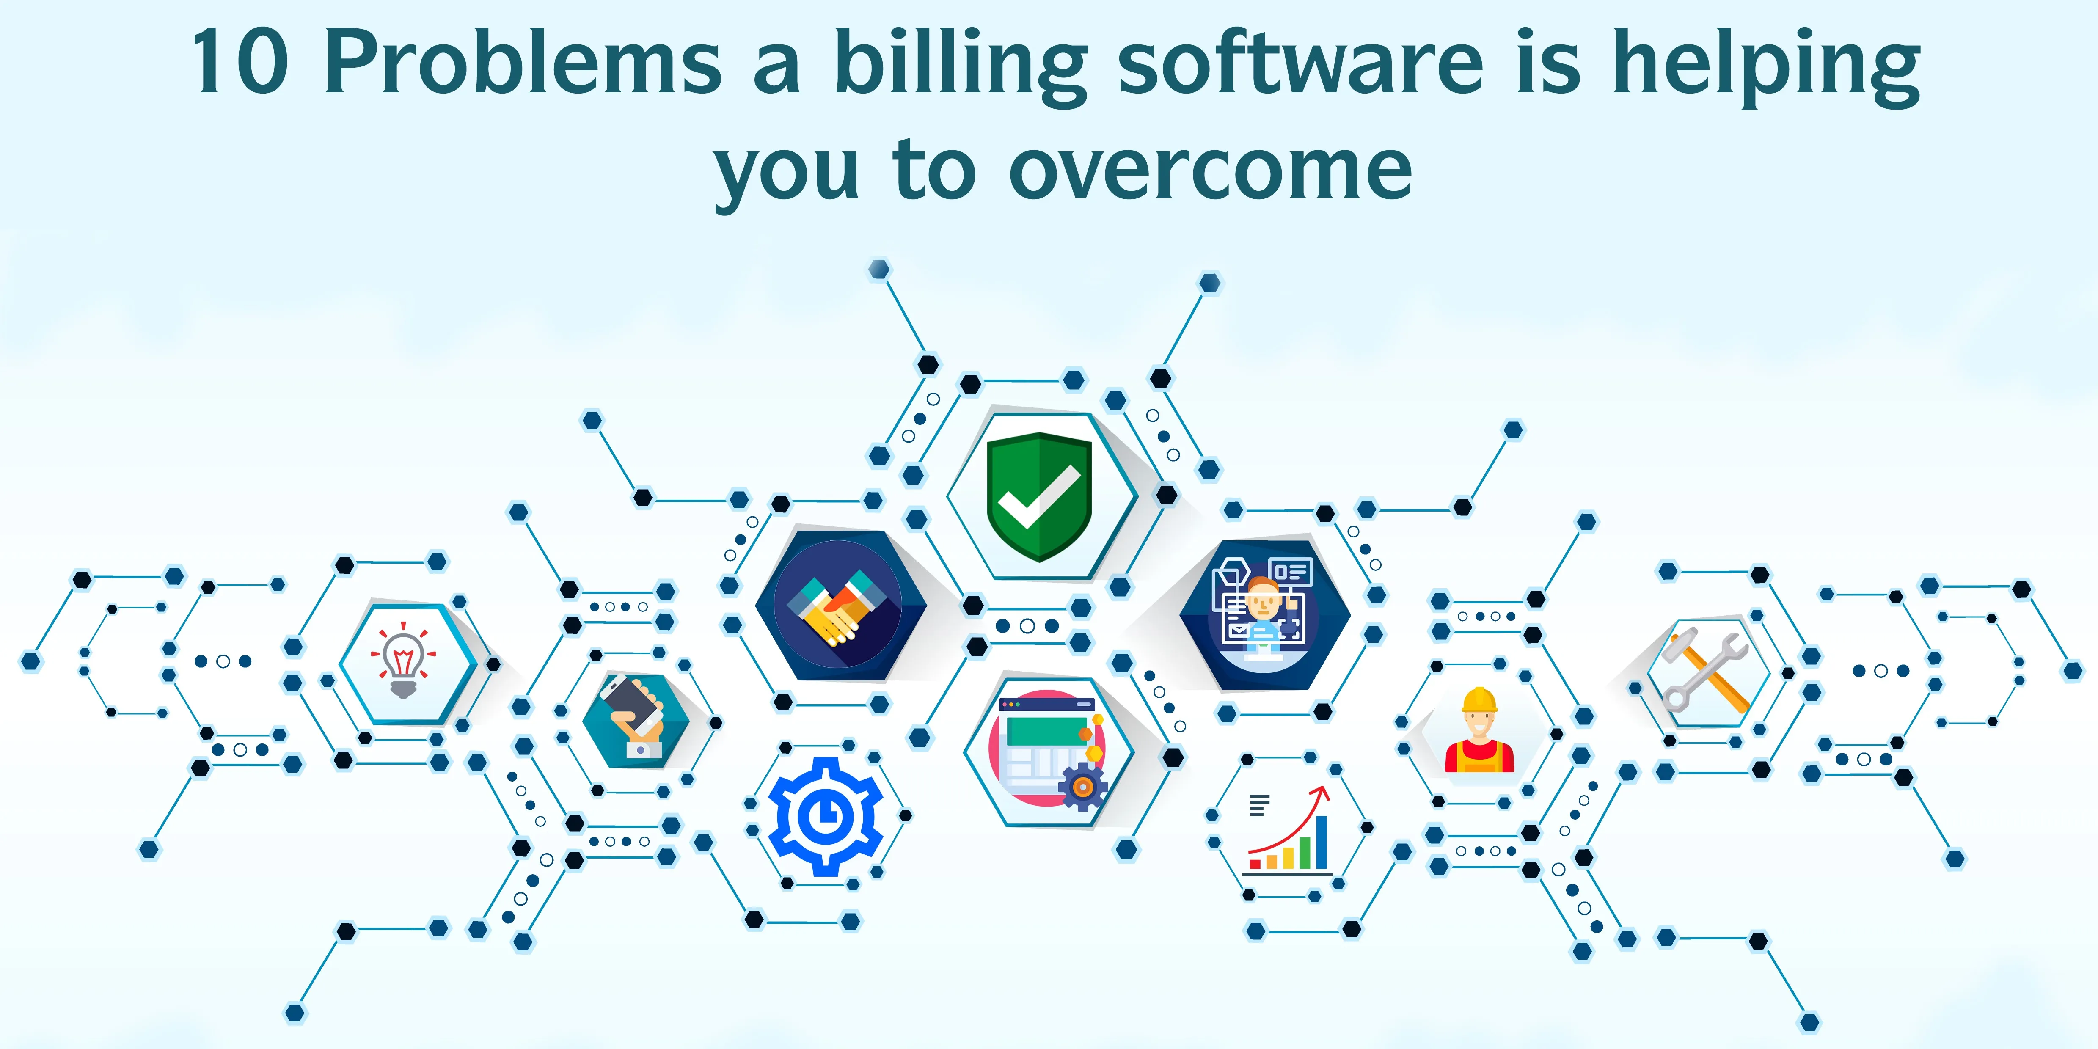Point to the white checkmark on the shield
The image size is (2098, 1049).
(1039, 497)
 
